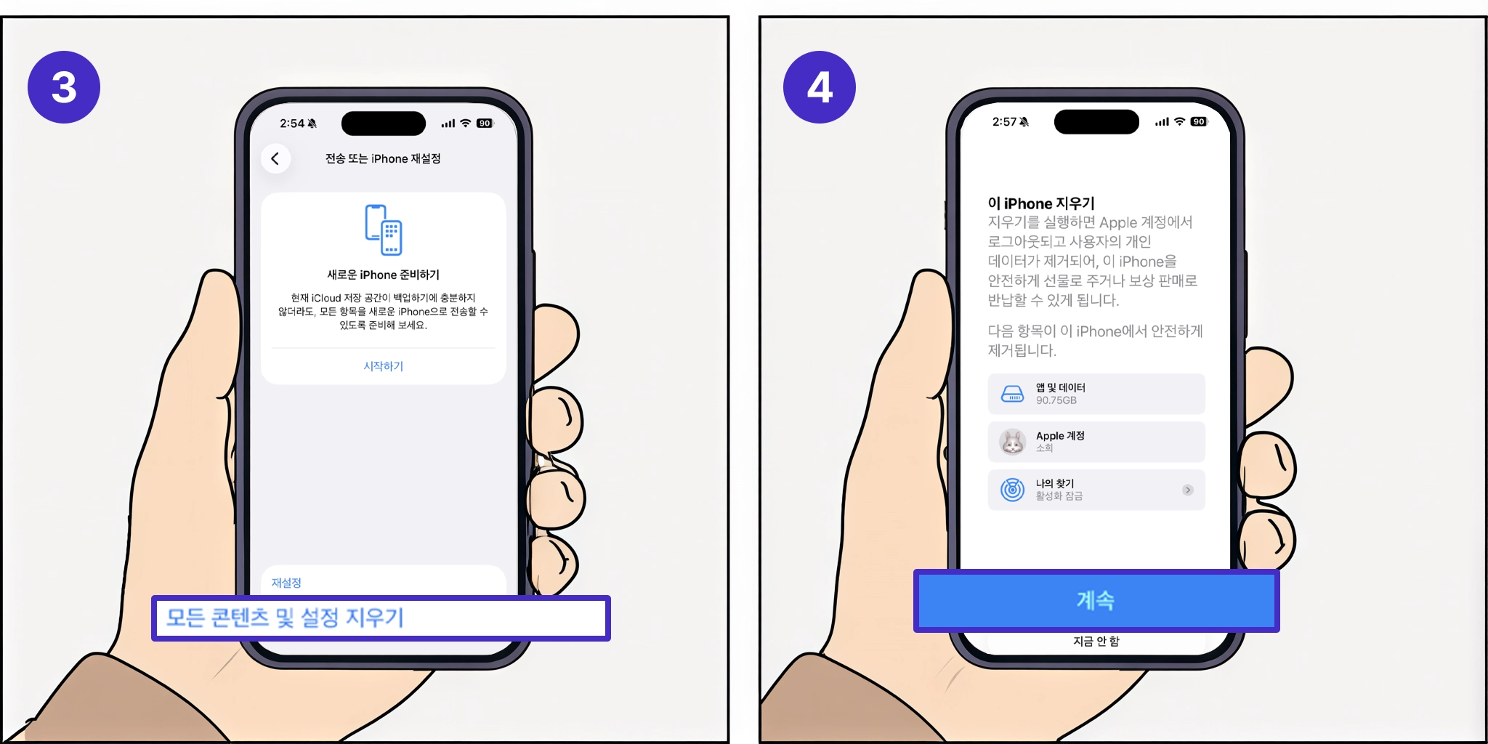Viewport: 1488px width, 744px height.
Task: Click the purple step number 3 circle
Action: pyautogui.click(x=64, y=87)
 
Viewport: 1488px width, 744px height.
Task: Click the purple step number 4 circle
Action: pyautogui.click(x=819, y=87)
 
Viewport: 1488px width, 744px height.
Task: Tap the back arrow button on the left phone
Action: pyautogui.click(x=275, y=158)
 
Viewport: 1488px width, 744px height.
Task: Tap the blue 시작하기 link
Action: pyautogui.click(x=383, y=366)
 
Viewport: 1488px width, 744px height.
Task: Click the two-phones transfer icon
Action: pyautogui.click(x=384, y=230)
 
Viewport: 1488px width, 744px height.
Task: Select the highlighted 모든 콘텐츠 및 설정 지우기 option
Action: pyautogui.click(x=381, y=618)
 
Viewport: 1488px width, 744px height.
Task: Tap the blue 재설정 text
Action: pyautogui.click(x=286, y=583)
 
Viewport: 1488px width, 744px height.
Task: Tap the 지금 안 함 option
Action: pyautogui.click(x=1096, y=641)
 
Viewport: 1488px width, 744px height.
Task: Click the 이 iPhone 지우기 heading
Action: pyautogui.click(x=1041, y=203)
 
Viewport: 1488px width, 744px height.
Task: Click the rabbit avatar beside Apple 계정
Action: pyautogui.click(x=1012, y=442)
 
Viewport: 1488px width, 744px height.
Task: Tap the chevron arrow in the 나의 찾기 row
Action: pyautogui.click(x=1188, y=490)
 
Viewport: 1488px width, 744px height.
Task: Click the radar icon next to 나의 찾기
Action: pyautogui.click(x=1012, y=490)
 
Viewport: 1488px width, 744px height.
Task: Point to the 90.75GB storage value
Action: pyautogui.click(x=1056, y=400)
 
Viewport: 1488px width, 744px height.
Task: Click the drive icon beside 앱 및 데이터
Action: pyautogui.click(x=1012, y=394)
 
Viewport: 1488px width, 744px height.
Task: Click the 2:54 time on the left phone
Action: pyautogui.click(x=292, y=124)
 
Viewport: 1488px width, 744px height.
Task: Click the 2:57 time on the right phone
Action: pyautogui.click(x=1005, y=122)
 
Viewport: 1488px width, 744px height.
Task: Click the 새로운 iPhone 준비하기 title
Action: pyautogui.click(x=383, y=275)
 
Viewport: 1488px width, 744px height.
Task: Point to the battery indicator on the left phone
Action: pyautogui.click(x=485, y=124)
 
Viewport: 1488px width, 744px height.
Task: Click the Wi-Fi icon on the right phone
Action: pyautogui.click(x=1179, y=122)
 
